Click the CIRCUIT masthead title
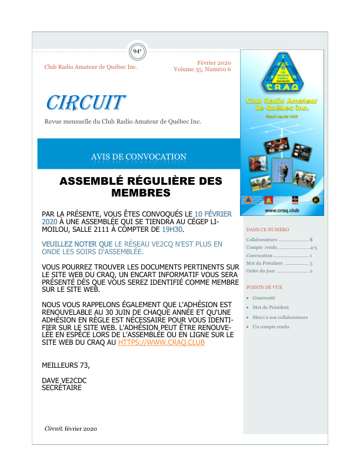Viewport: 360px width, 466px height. click(x=85, y=102)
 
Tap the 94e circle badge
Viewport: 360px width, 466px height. click(x=138, y=51)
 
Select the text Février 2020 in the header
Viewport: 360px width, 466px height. click(x=214, y=63)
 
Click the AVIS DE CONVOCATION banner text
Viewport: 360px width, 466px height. click(x=139, y=157)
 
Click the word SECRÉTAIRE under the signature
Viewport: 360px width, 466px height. click(x=62, y=388)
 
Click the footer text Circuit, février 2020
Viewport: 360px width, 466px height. click(x=71, y=429)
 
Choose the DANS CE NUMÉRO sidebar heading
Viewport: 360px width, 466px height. click(x=268, y=229)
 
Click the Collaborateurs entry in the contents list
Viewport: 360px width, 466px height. click(x=262, y=240)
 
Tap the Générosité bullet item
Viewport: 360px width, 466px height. click(x=264, y=298)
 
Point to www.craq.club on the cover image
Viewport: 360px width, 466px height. click(x=279, y=209)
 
